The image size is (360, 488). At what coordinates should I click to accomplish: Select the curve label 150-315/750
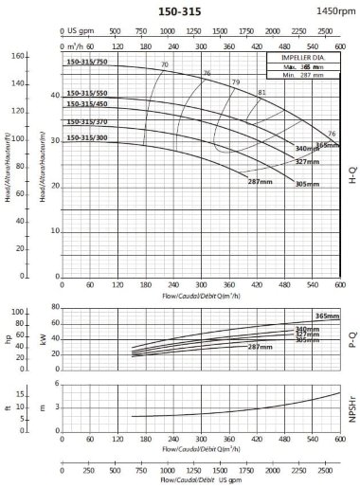pos(86,63)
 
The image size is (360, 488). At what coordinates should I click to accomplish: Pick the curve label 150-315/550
pos(86,93)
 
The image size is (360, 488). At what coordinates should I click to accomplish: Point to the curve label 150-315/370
pos(86,122)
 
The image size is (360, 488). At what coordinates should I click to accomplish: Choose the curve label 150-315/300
pos(86,138)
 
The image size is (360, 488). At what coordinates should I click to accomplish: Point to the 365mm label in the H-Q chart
pos(327,145)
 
